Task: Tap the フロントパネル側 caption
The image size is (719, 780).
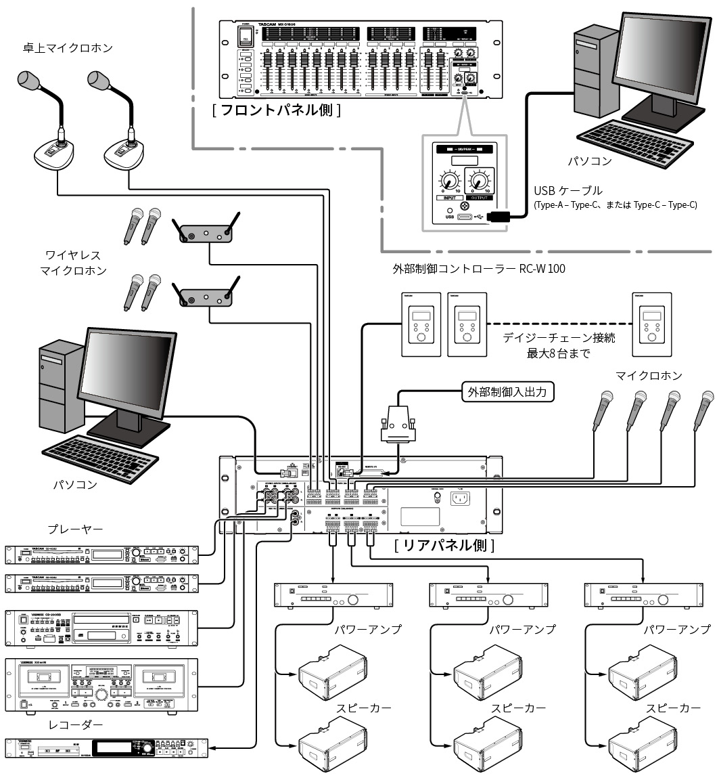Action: point(276,110)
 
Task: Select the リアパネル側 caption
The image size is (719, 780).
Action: point(444,544)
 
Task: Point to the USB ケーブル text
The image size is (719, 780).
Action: point(567,191)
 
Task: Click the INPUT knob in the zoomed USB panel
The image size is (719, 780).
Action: point(448,181)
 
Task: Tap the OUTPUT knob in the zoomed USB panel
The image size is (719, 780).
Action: point(480,181)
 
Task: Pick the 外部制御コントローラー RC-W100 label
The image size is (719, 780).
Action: point(479,269)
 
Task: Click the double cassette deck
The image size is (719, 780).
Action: point(101,684)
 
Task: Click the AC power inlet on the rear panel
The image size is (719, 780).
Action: point(461,499)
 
